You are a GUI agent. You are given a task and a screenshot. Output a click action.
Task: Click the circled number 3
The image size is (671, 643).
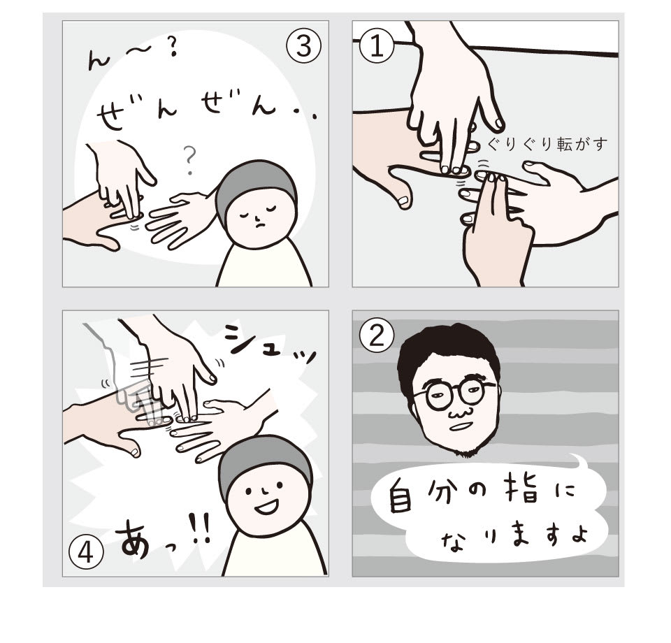point(303,47)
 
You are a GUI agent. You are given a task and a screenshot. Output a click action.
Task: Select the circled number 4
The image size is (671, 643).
point(87,554)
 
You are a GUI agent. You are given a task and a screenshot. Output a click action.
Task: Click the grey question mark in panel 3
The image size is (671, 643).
point(188,161)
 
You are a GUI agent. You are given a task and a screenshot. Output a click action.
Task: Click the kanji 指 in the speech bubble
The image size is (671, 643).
point(513,496)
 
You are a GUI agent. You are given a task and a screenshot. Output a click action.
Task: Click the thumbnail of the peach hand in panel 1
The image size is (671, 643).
point(403,201)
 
